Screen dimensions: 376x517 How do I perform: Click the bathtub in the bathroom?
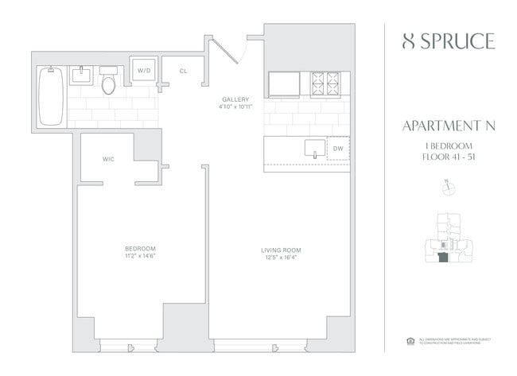tap(50, 96)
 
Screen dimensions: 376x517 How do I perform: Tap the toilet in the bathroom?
tap(110, 81)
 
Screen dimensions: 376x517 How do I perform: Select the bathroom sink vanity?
tap(80, 76)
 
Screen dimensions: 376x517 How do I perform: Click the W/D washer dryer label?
tap(144, 72)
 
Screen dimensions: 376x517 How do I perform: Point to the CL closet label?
tap(183, 72)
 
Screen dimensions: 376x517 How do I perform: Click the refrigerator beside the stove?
tap(283, 83)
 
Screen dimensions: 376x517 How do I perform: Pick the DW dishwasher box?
tap(338, 149)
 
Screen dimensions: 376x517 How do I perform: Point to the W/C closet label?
tap(109, 159)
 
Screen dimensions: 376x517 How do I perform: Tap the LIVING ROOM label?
tap(281, 250)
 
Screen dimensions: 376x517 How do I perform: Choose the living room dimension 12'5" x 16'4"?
tap(281, 258)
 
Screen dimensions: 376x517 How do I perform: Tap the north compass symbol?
tap(445, 188)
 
